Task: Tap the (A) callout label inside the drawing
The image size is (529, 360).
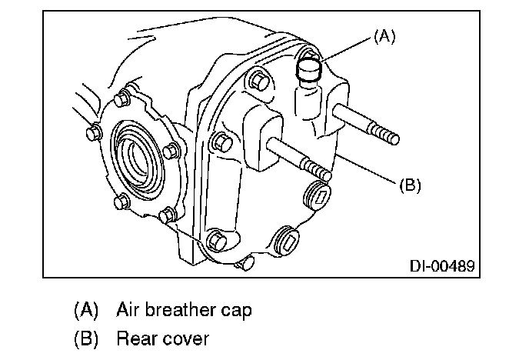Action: [x=385, y=36]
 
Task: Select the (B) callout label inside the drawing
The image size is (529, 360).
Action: [x=410, y=185]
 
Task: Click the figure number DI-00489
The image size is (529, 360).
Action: [x=442, y=266]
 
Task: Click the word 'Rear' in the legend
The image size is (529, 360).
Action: [x=134, y=338]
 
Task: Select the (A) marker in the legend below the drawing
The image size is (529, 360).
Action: [x=86, y=311]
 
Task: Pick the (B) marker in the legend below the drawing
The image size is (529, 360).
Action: [x=86, y=338]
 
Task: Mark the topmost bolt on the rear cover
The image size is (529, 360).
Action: [x=260, y=81]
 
